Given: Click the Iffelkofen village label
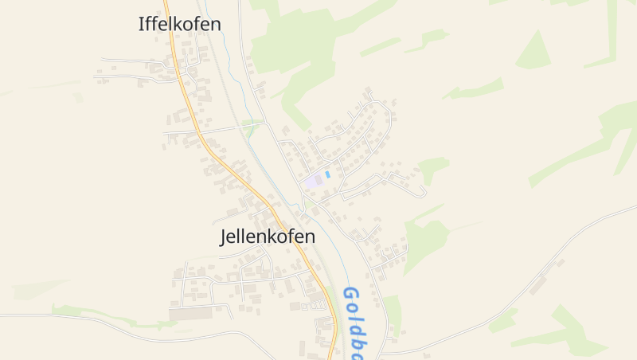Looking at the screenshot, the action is [179, 24].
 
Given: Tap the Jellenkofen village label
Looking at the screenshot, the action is [267, 237].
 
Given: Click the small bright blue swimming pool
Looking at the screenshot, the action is [327, 174].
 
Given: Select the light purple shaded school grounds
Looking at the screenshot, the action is [314, 181].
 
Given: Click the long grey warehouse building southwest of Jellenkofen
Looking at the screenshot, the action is [191, 314].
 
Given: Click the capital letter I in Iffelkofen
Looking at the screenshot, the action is [142, 24].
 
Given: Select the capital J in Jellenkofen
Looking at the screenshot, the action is [224, 237].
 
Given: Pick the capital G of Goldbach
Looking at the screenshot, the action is [348, 294].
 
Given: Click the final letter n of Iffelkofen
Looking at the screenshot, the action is [215, 24].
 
